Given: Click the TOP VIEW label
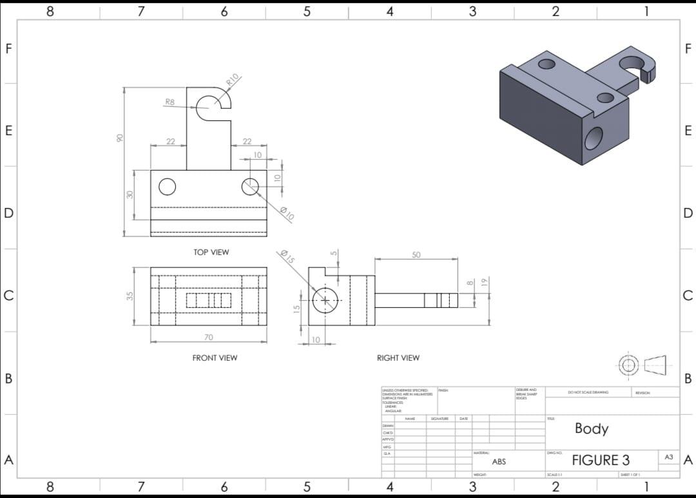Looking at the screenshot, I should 211,252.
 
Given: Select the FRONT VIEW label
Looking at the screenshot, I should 215,358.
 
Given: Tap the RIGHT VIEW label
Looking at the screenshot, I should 398,358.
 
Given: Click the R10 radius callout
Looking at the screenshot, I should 233,80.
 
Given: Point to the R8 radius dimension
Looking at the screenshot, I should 169,102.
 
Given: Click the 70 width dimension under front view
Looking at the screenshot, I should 208,337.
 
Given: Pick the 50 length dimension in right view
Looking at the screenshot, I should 416,255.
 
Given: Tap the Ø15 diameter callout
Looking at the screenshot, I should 287,257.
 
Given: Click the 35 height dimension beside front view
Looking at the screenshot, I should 130,296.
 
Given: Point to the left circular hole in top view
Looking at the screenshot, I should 167,186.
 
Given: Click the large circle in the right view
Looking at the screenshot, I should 325,300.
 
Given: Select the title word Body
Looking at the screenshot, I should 591,428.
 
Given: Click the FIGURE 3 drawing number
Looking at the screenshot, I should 601,460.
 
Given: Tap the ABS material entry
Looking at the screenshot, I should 499,462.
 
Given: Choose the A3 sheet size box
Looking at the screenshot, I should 668,456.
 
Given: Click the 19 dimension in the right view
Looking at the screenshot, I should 488,282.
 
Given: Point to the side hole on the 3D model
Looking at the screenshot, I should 594,138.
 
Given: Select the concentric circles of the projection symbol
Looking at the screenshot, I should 630,364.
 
